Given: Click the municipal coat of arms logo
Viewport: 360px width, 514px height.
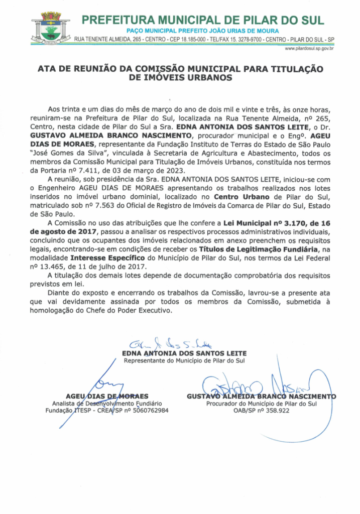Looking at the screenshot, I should (x=50, y=28).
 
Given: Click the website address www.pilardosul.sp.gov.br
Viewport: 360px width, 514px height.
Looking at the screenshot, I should (x=310, y=49).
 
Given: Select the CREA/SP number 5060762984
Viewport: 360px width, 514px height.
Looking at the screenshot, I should (x=150, y=411).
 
